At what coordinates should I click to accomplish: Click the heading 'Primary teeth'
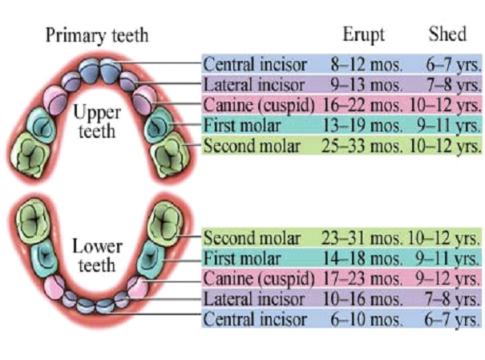(96, 36)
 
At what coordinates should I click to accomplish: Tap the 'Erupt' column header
(364, 35)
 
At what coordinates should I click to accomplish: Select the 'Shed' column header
(448, 35)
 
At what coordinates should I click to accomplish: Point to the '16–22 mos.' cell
(367, 105)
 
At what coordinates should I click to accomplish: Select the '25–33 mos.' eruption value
(367, 146)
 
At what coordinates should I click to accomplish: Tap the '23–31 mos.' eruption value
(367, 238)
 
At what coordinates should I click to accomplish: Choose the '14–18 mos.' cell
(367, 258)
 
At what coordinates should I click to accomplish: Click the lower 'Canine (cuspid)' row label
(260, 279)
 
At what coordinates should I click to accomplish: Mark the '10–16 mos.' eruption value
(367, 299)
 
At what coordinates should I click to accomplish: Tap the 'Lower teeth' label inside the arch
(98, 255)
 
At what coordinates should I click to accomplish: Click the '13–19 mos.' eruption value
(367, 125)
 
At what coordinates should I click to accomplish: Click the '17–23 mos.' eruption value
(367, 279)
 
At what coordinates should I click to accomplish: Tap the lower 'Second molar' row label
(252, 238)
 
